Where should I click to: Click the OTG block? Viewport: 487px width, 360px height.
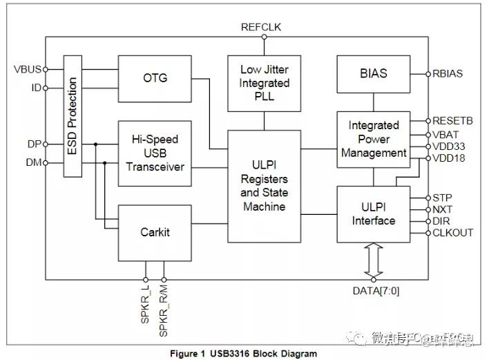pyautogui.click(x=154, y=78)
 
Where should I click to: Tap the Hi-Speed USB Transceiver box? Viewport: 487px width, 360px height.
pyautogui.click(x=154, y=153)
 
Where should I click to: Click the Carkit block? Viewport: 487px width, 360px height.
pyautogui.click(x=154, y=231)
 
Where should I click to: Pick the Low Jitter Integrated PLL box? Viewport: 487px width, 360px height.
pyautogui.click(x=265, y=83)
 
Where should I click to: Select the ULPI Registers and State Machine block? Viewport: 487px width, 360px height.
pyautogui.click(x=265, y=186)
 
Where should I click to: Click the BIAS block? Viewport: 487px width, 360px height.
pyautogui.click(x=373, y=73)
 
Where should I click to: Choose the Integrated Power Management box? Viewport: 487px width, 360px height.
pyautogui.click(x=373, y=139)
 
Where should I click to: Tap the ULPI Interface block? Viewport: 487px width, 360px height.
pyautogui.click(x=373, y=214)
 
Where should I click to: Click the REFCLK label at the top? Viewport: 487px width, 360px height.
pyautogui.click(x=260, y=28)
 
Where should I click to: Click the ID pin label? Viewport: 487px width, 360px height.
pyautogui.click(x=36, y=88)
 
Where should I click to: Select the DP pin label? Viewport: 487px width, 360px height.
pyautogui.click(x=32, y=144)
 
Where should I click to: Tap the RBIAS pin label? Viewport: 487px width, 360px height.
pyautogui.click(x=448, y=73)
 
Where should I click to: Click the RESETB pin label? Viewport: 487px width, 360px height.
pyautogui.click(x=453, y=121)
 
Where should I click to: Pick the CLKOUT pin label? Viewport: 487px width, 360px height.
pyautogui.click(x=453, y=232)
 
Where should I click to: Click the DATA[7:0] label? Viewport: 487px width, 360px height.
pyautogui.click(x=376, y=290)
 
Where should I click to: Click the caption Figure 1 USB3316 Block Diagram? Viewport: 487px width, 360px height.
pyautogui.click(x=243, y=353)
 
